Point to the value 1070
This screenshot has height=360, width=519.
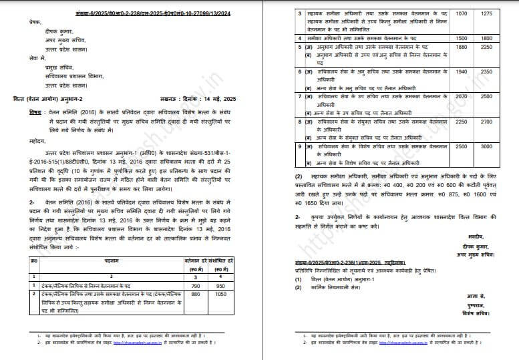462,13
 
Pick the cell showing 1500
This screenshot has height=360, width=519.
462,39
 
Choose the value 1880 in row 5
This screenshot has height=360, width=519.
462,47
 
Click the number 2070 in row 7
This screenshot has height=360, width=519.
462,96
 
